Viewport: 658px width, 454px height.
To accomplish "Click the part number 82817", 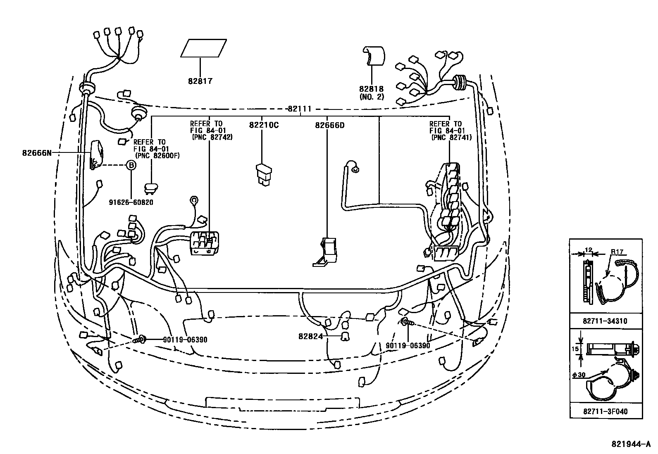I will [x=200, y=81].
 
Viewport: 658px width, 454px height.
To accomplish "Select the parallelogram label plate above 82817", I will [x=203, y=48].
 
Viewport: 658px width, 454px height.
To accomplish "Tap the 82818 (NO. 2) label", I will [x=371, y=93].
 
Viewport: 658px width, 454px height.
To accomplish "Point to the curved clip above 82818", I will [x=373, y=56].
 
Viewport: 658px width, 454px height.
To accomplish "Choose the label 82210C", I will [x=263, y=125].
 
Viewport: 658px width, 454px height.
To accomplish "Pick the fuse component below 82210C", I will [x=263, y=174].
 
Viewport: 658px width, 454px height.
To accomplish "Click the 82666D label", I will [x=329, y=125].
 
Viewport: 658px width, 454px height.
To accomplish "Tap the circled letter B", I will [x=131, y=165].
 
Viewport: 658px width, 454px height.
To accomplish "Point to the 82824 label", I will [x=310, y=336].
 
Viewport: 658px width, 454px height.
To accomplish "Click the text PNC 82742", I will [x=212, y=137].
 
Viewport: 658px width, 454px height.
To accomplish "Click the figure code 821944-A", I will [x=634, y=444].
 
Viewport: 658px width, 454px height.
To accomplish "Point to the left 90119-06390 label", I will [x=185, y=340].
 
